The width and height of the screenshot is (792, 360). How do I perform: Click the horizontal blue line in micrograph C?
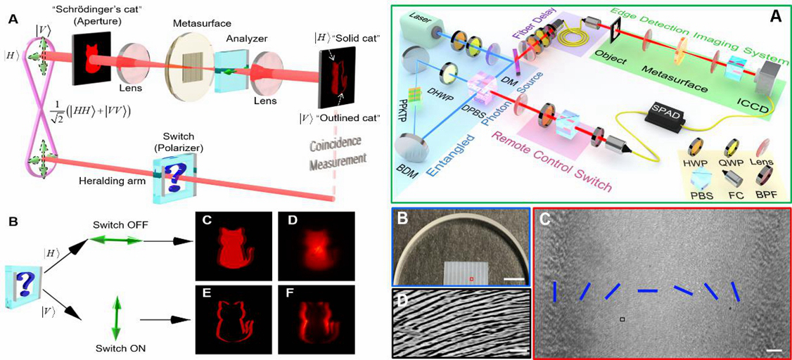coord(648,290)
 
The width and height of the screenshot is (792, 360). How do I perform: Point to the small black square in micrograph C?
coord(622,320)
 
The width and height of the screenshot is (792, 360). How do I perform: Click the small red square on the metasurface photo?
coord(471,279)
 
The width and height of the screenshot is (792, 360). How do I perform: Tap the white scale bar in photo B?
coord(514,281)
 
